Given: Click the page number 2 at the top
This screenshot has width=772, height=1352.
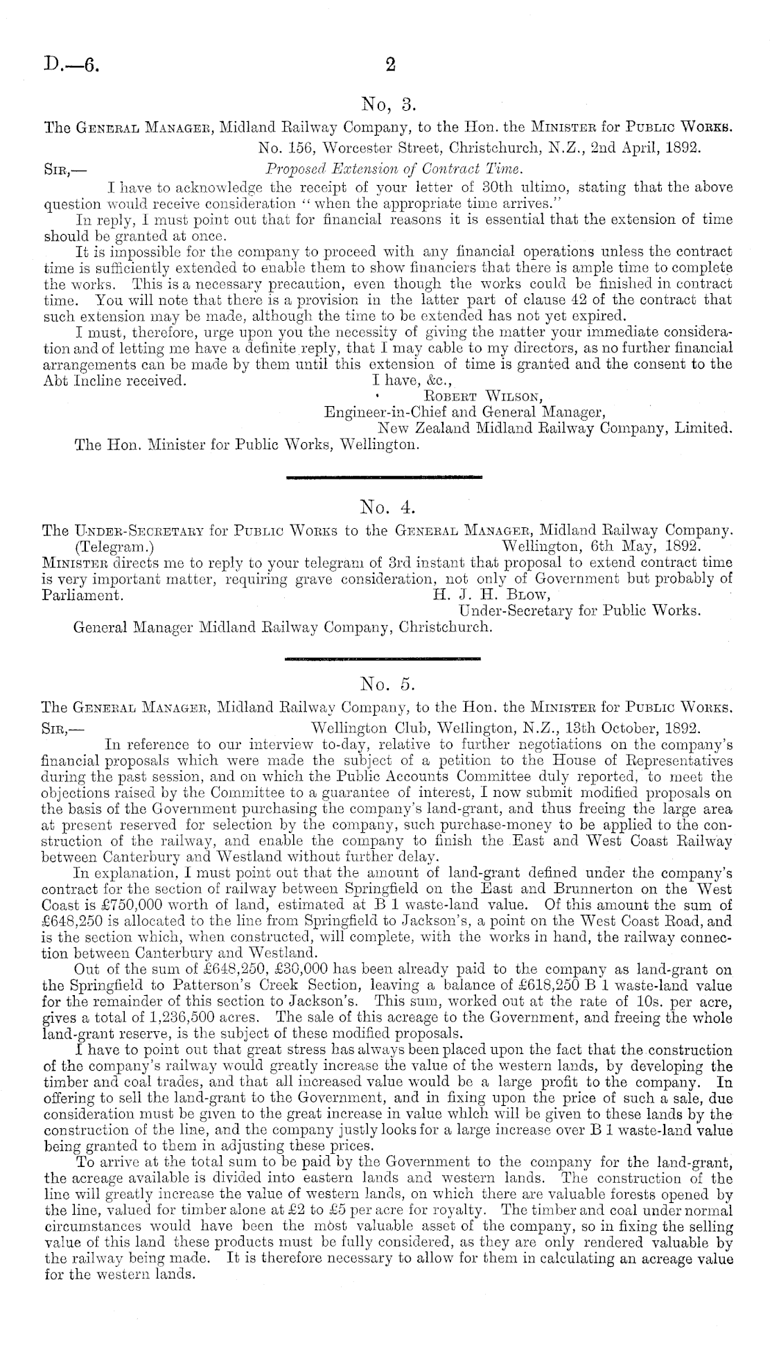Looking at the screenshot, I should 389,65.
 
